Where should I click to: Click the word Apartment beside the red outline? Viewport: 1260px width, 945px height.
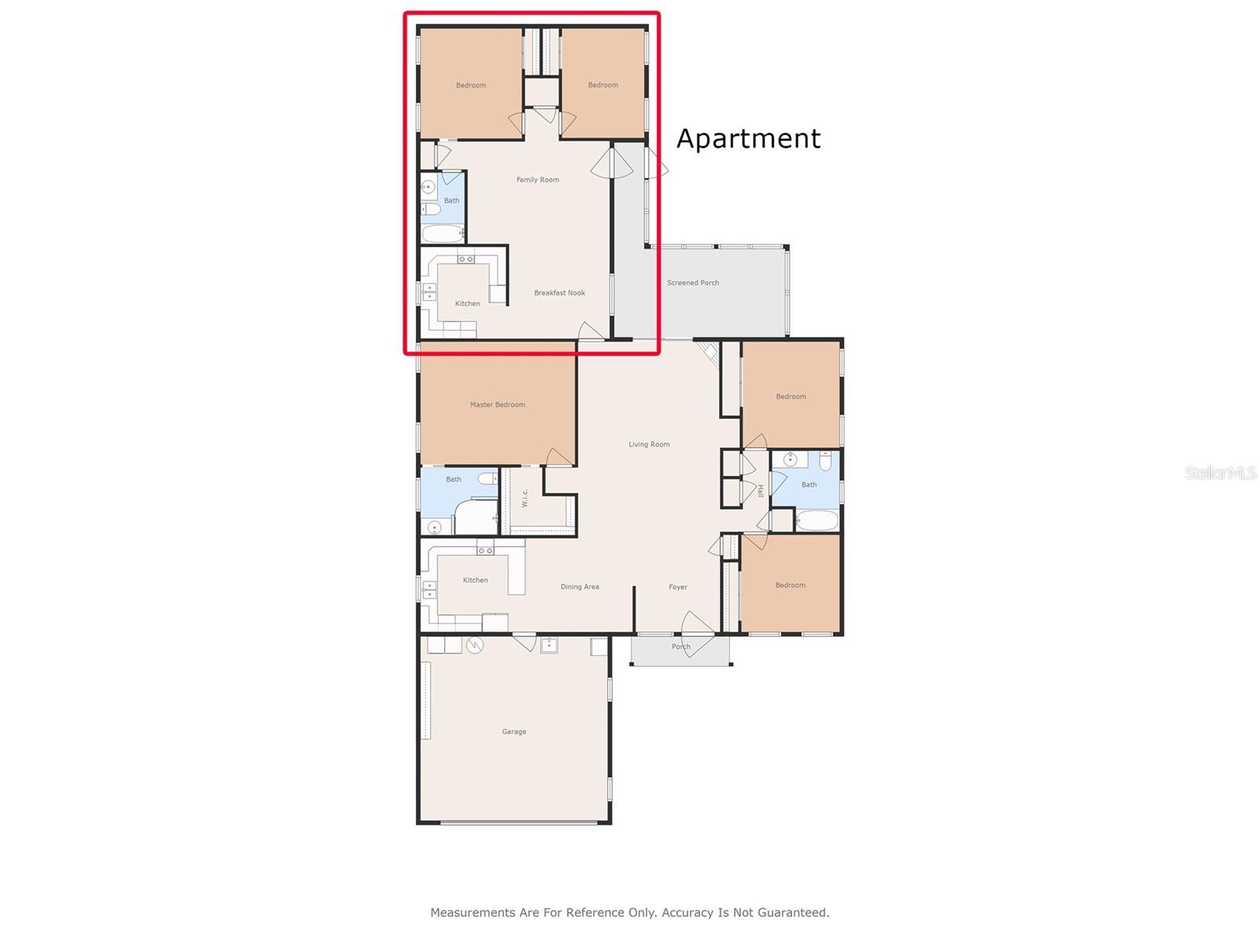(748, 139)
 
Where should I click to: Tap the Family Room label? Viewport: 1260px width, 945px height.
(537, 180)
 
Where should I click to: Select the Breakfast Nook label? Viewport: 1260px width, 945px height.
(559, 293)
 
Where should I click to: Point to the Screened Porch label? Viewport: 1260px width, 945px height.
(693, 282)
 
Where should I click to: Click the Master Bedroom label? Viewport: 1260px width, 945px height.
(497, 405)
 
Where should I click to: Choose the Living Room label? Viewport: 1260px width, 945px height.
(649, 444)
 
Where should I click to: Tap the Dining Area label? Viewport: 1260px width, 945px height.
(580, 587)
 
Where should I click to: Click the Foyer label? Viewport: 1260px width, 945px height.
(678, 587)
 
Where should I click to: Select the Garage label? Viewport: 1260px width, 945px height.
(513, 732)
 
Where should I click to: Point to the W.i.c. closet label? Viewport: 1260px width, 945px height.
(524, 498)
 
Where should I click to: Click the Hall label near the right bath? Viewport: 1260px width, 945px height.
(760, 491)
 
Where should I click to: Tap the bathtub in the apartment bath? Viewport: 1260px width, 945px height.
(443, 234)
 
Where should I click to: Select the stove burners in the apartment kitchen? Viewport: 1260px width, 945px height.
(465, 259)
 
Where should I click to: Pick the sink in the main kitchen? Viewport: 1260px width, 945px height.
(429, 590)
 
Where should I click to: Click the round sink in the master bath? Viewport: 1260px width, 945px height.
(435, 527)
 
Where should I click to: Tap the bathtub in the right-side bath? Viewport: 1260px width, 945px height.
(817, 521)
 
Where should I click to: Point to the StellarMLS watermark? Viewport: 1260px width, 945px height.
(1221, 472)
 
